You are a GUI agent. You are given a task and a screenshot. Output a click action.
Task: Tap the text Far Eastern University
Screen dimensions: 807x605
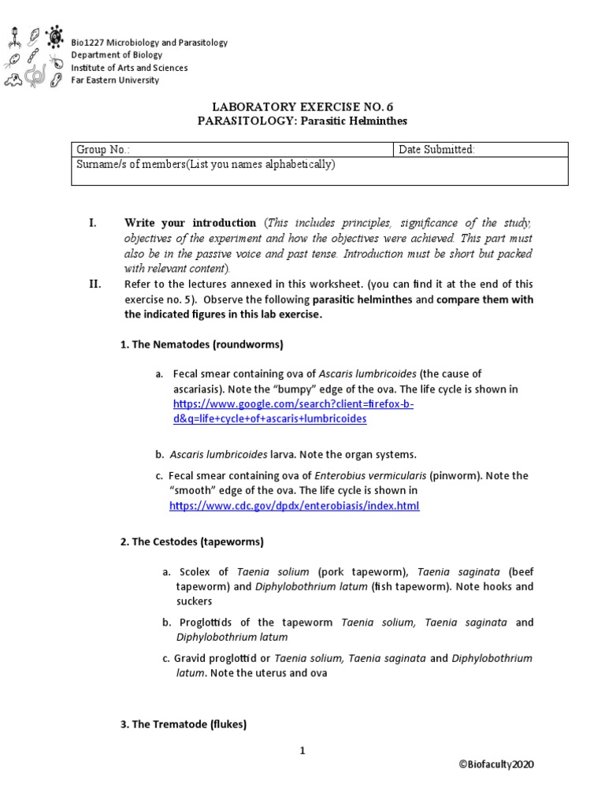tap(115, 80)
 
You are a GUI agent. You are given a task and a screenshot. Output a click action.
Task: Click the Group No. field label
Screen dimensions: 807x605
tap(103, 150)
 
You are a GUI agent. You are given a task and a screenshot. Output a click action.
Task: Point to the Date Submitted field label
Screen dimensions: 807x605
tap(436, 150)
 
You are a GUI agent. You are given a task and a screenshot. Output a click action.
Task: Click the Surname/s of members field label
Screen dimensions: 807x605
tap(206, 164)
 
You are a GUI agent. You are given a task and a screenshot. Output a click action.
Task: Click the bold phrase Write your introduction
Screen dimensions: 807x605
tap(190, 223)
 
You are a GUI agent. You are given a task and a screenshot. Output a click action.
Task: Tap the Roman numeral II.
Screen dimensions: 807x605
tap(96, 284)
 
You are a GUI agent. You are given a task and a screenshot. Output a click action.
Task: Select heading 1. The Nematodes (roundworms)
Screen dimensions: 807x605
tap(202, 345)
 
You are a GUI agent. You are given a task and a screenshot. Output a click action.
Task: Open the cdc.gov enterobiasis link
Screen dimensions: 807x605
tap(295, 505)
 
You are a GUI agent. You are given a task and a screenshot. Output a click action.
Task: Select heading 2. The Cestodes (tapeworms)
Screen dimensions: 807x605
tap(192, 542)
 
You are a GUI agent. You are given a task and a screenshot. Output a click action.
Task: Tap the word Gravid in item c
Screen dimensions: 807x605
tap(191, 658)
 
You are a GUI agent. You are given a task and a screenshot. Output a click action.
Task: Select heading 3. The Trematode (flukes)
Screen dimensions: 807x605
tap(184, 724)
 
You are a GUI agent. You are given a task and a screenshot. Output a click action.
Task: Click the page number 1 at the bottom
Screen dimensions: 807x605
tap(302, 750)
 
